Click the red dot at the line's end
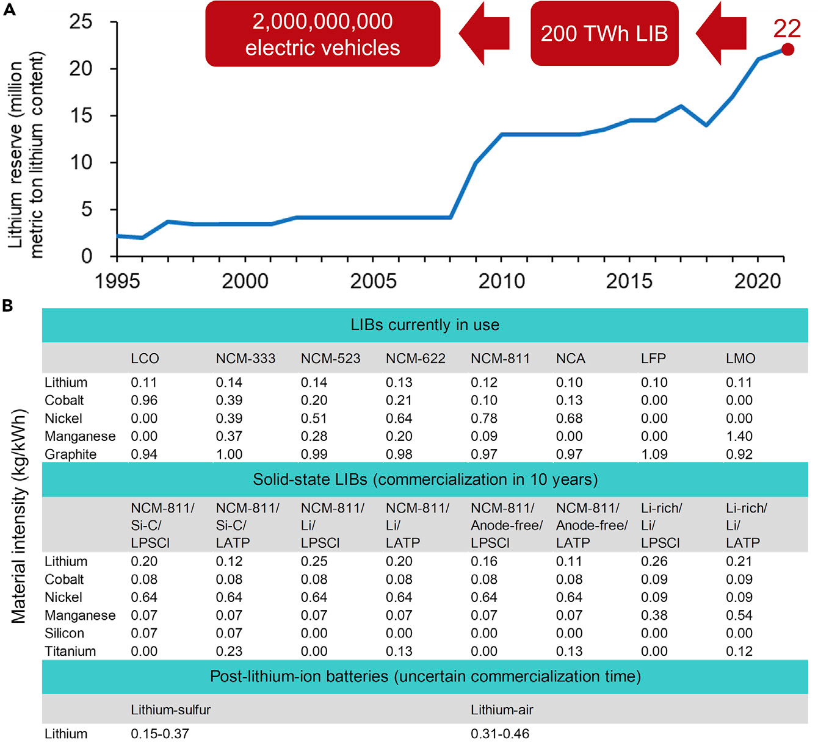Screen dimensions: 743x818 pyautogui.click(x=787, y=49)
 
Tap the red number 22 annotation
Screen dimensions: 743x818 pyautogui.click(x=786, y=29)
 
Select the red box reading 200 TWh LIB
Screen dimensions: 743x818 pyautogui.click(x=604, y=34)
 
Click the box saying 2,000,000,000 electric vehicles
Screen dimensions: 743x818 pyautogui.click(x=322, y=34)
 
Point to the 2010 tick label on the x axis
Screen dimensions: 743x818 pyautogui.click(x=501, y=281)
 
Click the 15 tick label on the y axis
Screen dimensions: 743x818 pyautogui.click(x=81, y=115)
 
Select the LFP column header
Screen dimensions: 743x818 pyautogui.click(x=653, y=359)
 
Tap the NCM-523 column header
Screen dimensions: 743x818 pyautogui.click(x=330, y=359)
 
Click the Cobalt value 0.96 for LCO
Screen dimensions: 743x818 pyautogui.click(x=144, y=401)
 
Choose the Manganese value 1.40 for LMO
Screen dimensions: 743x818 pyautogui.click(x=739, y=437)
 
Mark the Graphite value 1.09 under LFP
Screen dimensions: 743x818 pyautogui.click(x=654, y=454)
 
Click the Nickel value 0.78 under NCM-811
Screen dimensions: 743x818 pyautogui.click(x=483, y=418)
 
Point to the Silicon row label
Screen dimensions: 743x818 pyautogui.click(x=64, y=633)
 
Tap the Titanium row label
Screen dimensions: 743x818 pyautogui.click(x=70, y=651)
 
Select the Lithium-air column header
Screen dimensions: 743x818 pyautogui.click(x=502, y=710)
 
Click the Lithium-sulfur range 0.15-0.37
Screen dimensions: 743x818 pyautogui.click(x=160, y=734)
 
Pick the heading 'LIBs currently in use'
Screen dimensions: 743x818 pyautogui.click(x=425, y=325)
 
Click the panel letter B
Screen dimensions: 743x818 pyautogui.click(x=7, y=305)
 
